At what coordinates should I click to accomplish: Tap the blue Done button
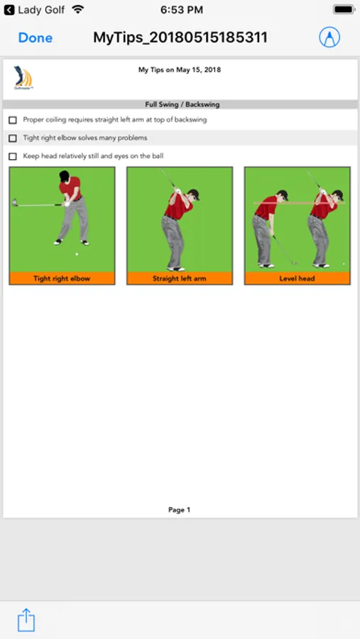[36, 38]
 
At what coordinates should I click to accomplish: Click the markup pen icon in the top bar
[329, 38]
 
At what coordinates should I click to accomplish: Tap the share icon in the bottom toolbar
[26, 620]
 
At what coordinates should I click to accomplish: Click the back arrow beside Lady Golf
[9, 10]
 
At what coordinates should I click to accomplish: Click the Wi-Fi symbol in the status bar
[77, 9]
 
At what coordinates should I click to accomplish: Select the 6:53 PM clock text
[182, 10]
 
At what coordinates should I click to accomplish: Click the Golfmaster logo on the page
[23, 77]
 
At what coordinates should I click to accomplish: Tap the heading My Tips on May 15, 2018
[180, 70]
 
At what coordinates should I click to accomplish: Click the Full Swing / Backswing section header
[182, 105]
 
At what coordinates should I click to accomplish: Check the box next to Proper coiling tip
[13, 120]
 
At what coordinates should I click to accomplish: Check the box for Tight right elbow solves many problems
[13, 138]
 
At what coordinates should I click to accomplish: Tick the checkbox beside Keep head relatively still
[13, 156]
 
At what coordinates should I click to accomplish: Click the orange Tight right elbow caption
[62, 279]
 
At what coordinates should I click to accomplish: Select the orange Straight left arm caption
[180, 279]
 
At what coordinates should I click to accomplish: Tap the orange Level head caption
[297, 279]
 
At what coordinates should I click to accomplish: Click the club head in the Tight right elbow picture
[15, 202]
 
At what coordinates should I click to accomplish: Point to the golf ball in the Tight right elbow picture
[77, 254]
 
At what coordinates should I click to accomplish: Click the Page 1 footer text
[180, 510]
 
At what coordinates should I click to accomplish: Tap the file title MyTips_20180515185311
[180, 38]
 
